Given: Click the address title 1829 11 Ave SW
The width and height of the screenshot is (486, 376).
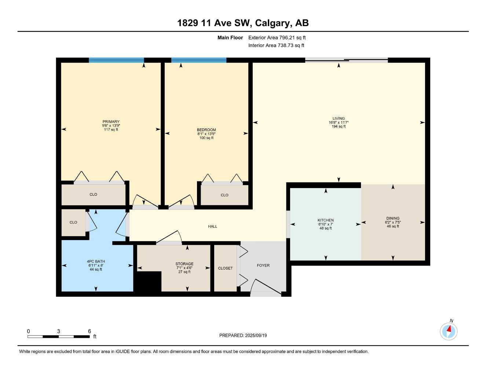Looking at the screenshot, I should tap(243, 23).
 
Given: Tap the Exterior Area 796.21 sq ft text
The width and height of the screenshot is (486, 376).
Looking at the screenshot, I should tap(277, 37).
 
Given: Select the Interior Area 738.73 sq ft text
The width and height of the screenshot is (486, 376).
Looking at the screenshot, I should tap(276, 46).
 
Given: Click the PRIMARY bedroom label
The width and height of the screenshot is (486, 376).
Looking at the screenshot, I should tap(111, 122).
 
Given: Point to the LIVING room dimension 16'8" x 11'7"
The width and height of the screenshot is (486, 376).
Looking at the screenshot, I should tap(338, 123).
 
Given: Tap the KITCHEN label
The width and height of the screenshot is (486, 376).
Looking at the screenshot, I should tap(325, 220).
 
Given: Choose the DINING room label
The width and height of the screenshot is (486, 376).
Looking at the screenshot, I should tap(392, 218).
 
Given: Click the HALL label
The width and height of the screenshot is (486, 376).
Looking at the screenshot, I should tap(212, 227).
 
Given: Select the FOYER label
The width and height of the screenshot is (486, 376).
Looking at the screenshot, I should tap(263, 265).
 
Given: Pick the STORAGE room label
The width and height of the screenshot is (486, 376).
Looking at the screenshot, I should tap(184, 264).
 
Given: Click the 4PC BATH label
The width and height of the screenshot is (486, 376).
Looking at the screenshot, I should tap(96, 261).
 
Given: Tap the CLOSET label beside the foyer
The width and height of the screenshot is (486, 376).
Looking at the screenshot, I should tap(225, 268).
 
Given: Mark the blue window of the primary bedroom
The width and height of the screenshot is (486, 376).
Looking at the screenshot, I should tap(116, 60).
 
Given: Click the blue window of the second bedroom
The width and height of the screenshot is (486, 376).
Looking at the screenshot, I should tap(199, 60).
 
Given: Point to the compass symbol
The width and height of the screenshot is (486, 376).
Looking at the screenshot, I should tap(448, 332).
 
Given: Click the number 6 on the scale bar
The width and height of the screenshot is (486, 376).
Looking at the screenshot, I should tap(89, 331).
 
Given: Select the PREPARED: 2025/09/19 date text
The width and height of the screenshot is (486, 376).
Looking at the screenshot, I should tap(243, 336).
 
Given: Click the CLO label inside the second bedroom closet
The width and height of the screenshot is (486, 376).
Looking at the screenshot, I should tap(224, 195).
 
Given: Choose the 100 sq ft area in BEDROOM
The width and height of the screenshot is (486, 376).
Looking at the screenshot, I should tap(206, 138).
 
